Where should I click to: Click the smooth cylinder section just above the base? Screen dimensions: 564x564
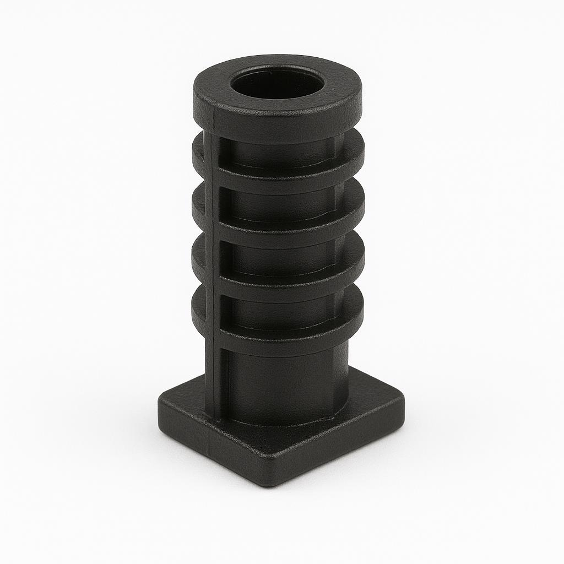(x=286, y=386)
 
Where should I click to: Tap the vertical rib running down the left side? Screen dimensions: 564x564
(x=213, y=275)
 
